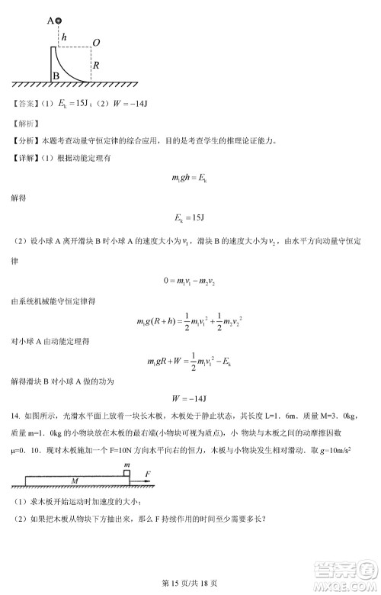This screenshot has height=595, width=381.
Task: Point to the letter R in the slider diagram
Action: click(95, 66)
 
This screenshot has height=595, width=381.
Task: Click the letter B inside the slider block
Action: click(56, 76)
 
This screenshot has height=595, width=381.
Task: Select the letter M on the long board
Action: click(75, 481)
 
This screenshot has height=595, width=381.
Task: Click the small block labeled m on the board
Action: click(126, 473)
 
